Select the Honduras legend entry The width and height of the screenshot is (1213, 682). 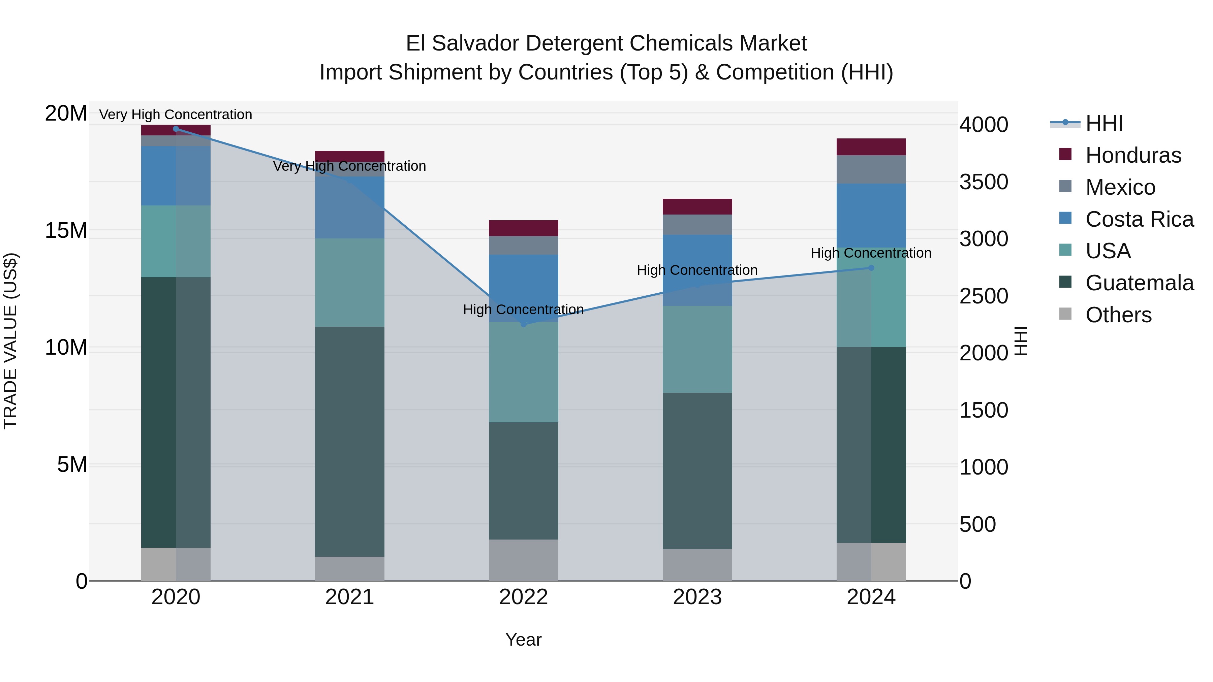pos(1133,155)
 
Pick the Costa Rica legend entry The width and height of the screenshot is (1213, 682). pos(1139,219)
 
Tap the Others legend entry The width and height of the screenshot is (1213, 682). pos(1118,315)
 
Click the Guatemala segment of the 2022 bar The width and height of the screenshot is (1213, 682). pos(523,481)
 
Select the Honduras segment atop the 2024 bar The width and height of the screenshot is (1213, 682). pos(871,147)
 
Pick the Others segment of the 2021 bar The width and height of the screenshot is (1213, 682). pos(349,569)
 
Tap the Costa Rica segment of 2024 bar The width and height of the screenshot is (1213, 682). pos(871,215)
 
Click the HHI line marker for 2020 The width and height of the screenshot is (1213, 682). pos(176,129)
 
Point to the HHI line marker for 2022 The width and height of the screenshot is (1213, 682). pos(523,324)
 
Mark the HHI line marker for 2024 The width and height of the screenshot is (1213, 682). pos(871,268)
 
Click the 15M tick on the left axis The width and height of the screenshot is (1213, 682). pos(66,231)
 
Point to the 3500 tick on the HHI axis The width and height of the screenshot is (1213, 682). pos(984,182)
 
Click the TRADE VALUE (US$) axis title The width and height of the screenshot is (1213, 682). pos(10,341)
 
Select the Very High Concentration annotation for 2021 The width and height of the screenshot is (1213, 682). pos(349,166)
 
